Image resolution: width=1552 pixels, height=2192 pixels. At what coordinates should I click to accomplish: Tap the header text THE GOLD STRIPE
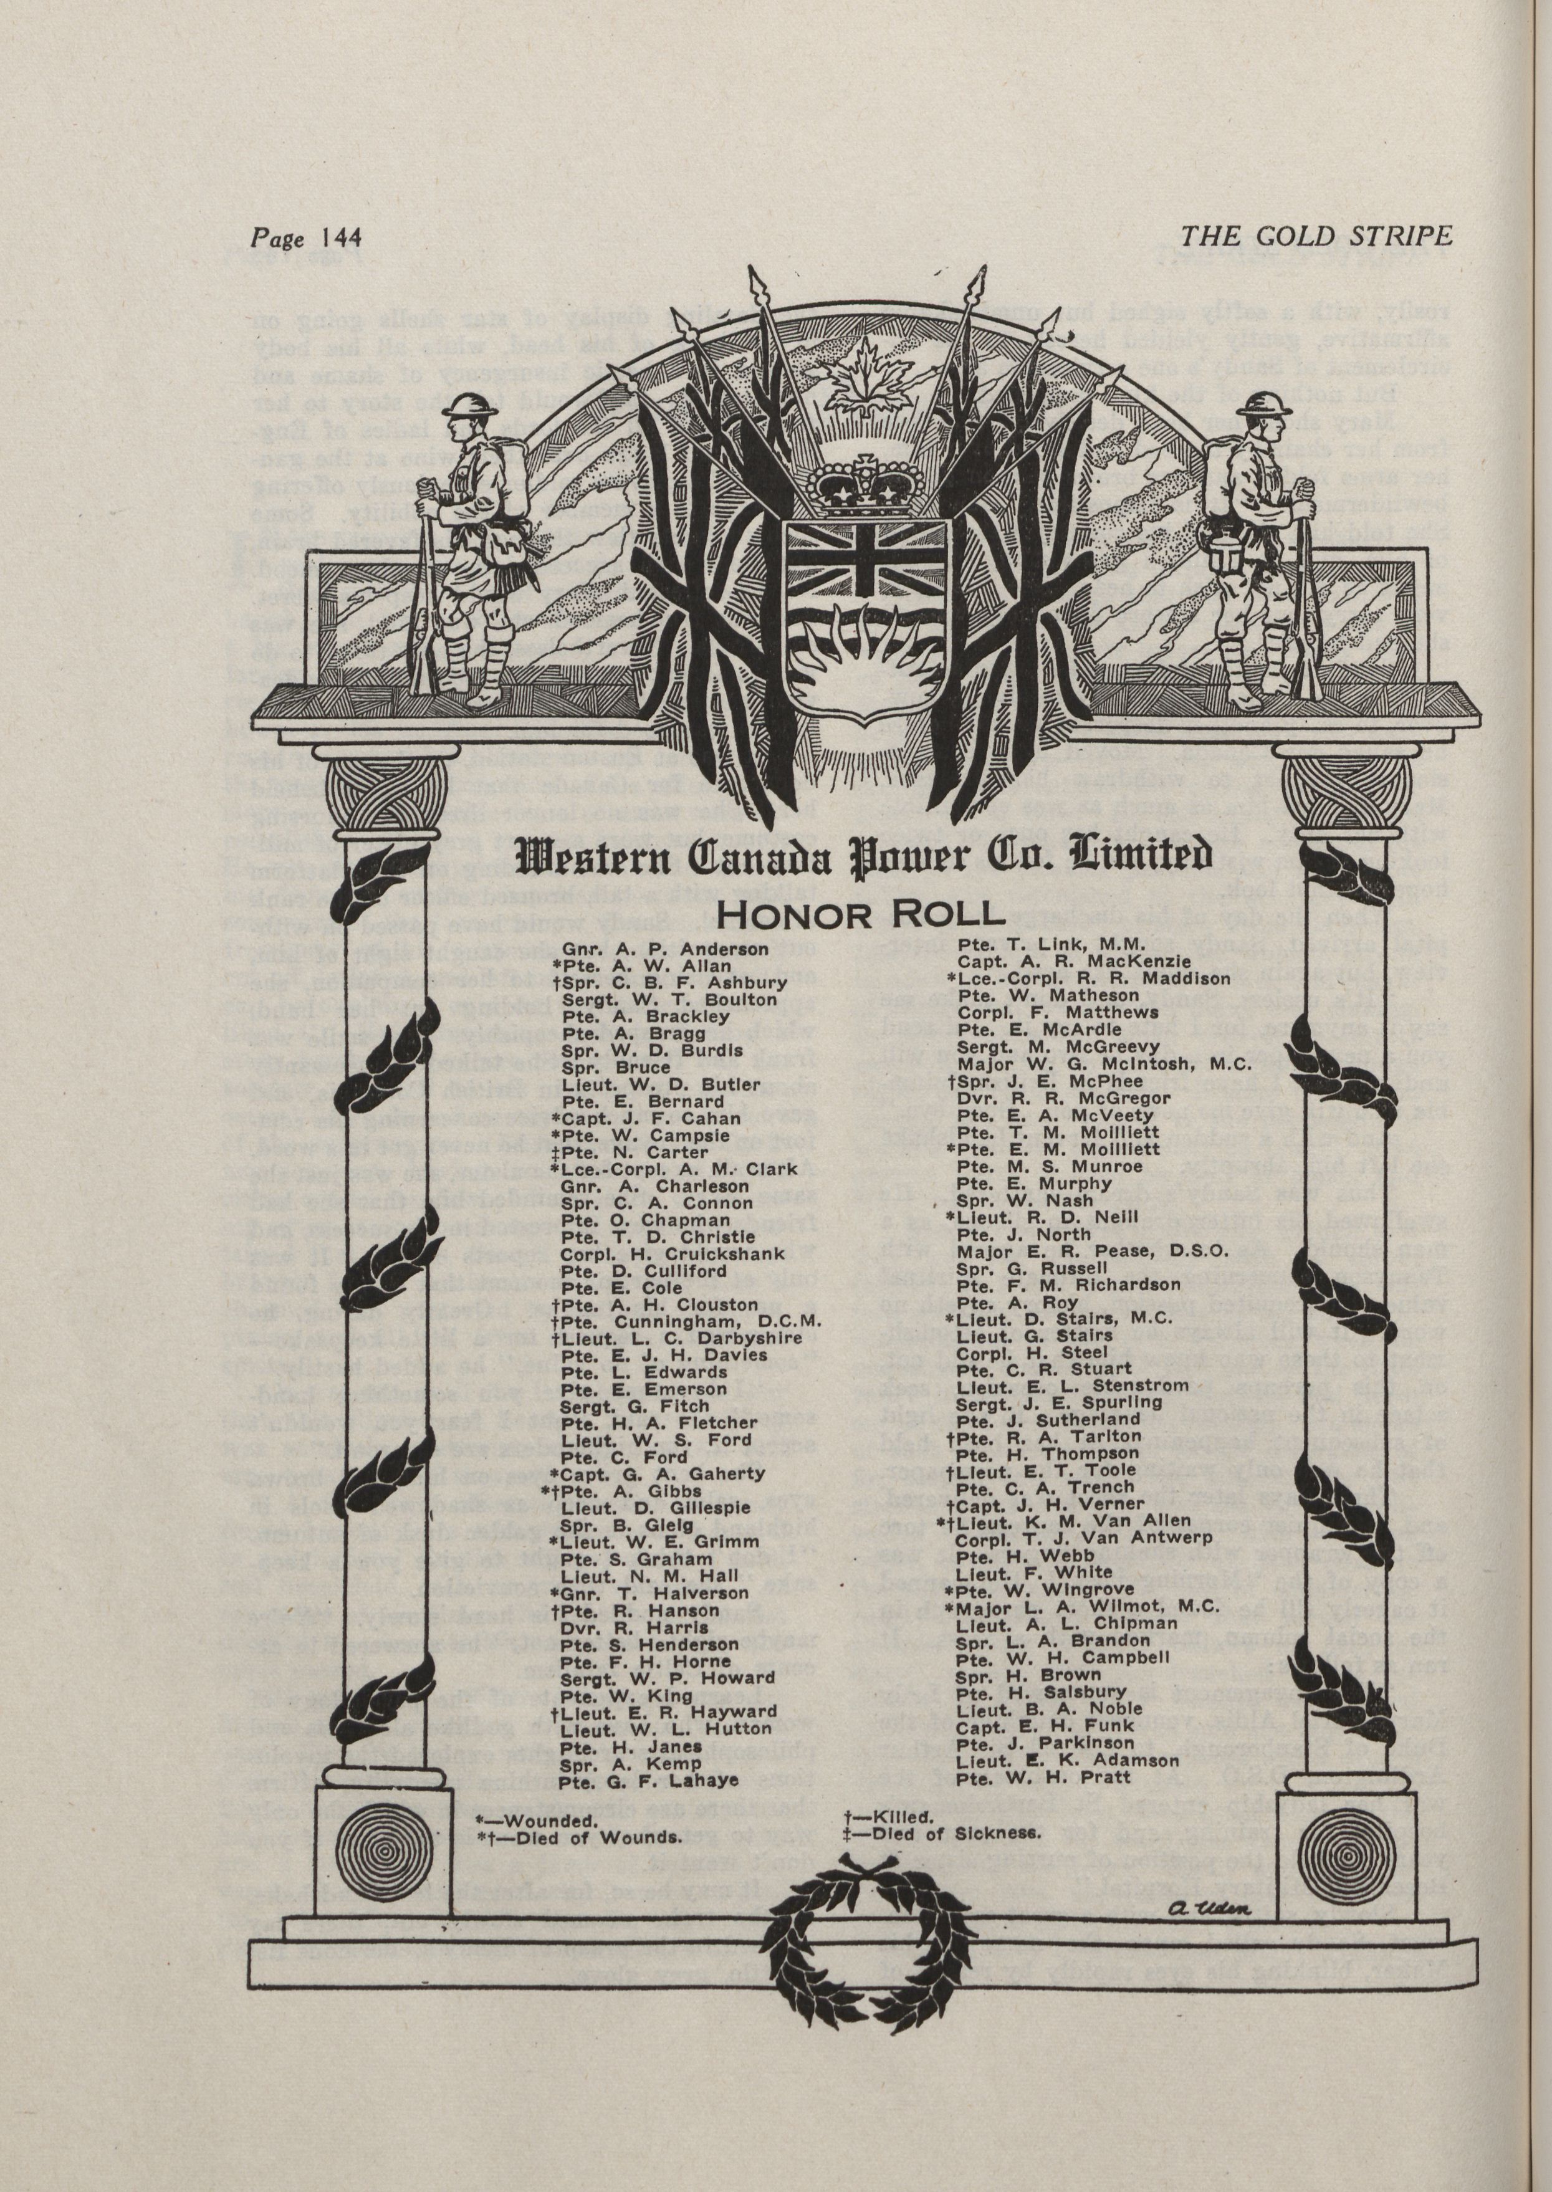click(x=1316, y=236)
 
